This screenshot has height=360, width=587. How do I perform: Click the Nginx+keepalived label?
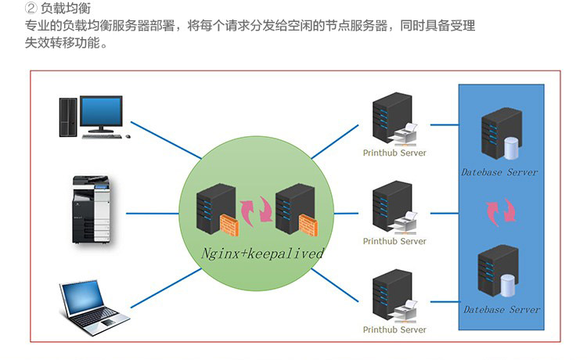coord(262,254)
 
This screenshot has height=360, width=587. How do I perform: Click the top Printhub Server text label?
coord(394,153)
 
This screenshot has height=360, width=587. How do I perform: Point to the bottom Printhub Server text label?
coord(394,330)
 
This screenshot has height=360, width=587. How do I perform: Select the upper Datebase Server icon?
coord(501,135)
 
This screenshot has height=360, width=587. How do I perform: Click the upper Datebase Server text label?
coord(499,172)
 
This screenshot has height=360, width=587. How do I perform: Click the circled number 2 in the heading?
coord(32,10)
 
